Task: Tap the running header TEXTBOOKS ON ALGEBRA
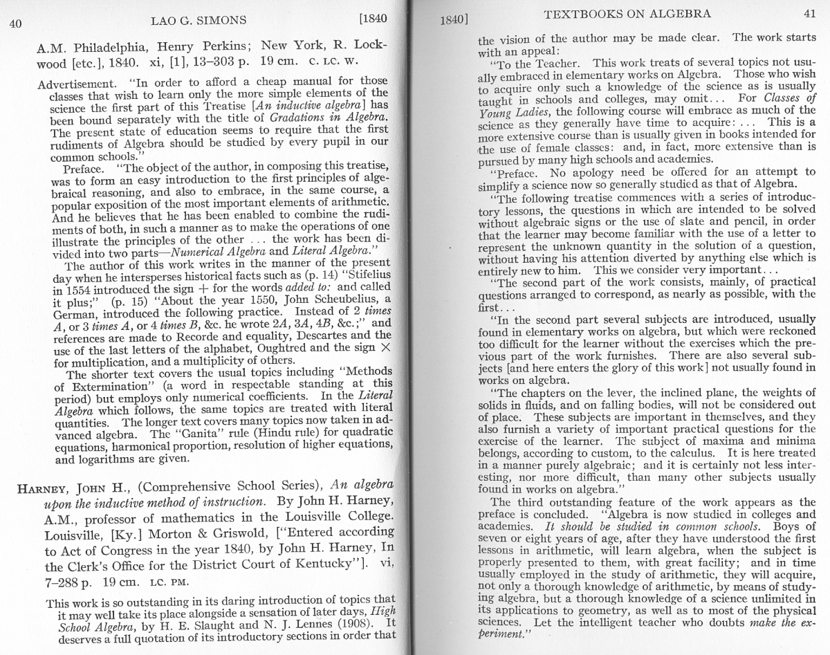pyautogui.click(x=627, y=14)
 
